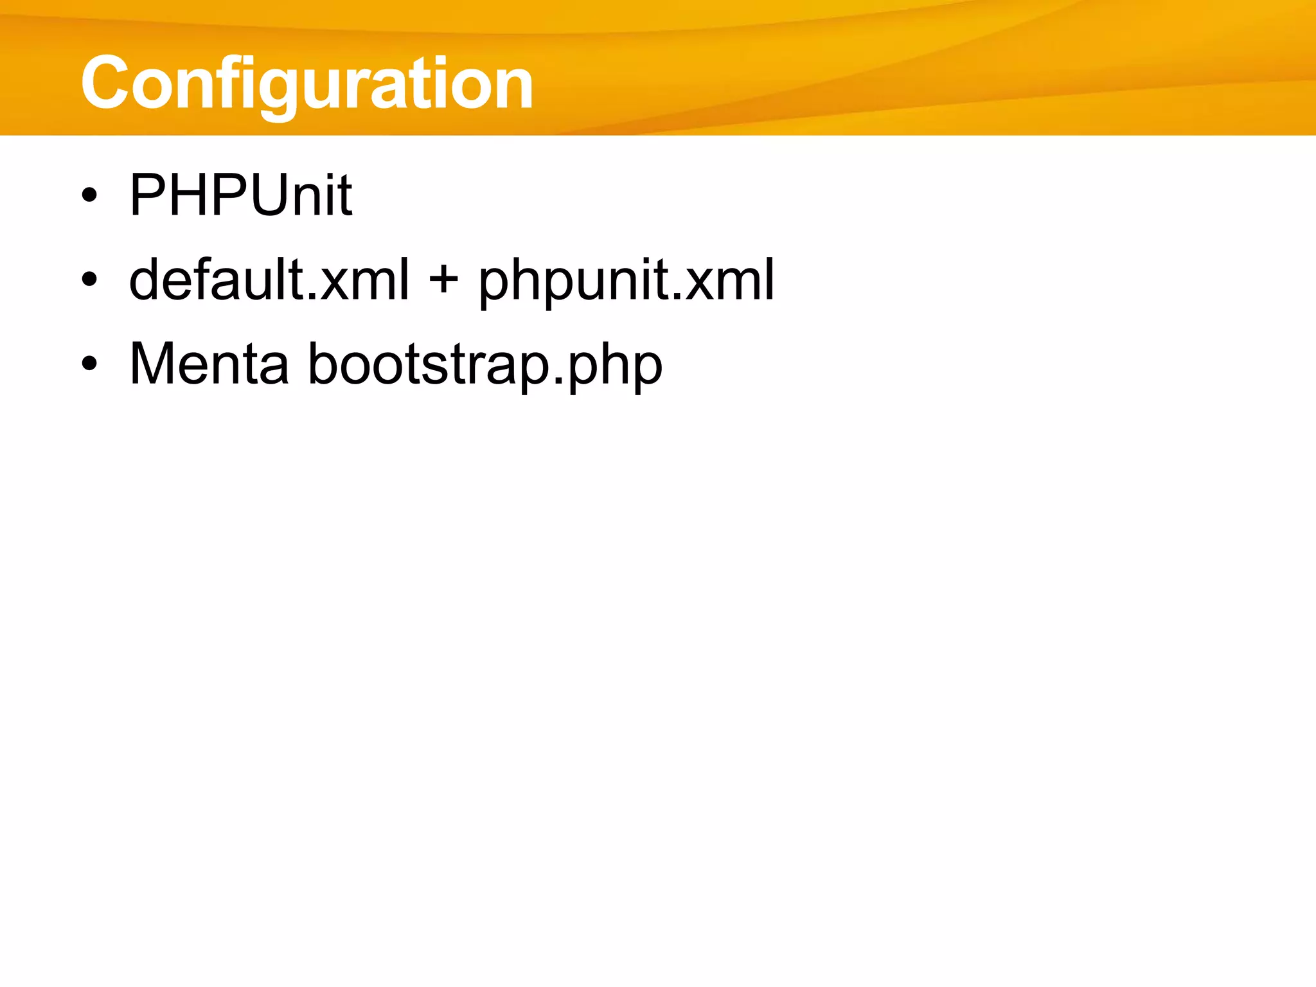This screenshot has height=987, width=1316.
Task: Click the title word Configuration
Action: [307, 84]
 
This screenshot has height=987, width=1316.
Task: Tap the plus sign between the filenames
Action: [443, 280]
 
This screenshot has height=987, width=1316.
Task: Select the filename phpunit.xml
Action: [627, 280]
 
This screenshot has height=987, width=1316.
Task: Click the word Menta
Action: [209, 364]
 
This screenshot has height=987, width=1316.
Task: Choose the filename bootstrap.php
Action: [486, 365]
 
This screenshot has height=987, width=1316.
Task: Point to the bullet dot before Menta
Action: [90, 364]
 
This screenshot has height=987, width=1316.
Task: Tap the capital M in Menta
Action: [154, 364]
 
